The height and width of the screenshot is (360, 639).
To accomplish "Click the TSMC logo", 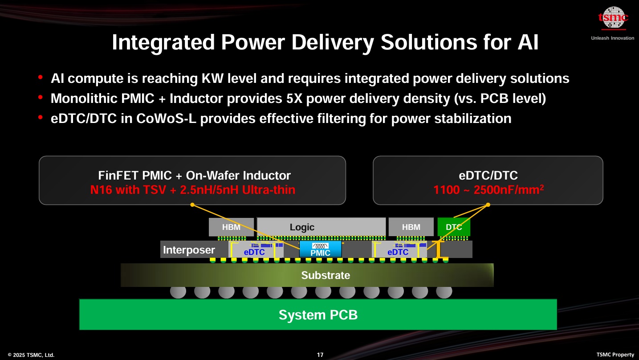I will [x=613, y=18].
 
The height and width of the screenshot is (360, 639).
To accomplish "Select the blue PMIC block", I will [x=320, y=249].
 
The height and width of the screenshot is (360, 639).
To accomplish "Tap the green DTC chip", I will [x=454, y=227].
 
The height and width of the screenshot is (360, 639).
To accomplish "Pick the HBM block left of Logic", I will [x=231, y=227].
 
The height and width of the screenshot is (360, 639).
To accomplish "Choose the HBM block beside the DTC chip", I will [x=411, y=227].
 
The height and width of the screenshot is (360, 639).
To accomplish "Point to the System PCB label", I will [x=318, y=315].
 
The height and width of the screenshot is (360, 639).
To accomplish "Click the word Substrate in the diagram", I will [x=326, y=275].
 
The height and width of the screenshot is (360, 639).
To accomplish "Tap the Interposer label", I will [x=189, y=250].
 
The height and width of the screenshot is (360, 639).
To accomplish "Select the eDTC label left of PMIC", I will [x=254, y=252].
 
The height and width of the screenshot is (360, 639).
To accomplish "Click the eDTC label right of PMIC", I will [x=398, y=252].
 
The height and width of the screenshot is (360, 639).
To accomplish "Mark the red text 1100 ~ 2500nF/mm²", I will [x=488, y=190].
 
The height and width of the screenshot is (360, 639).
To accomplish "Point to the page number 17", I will [x=320, y=355].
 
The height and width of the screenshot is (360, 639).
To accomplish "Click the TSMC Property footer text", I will [x=615, y=355].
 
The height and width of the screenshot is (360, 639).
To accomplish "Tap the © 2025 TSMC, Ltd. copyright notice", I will [x=31, y=355].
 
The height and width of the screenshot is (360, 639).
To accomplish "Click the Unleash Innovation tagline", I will [x=612, y=38].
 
